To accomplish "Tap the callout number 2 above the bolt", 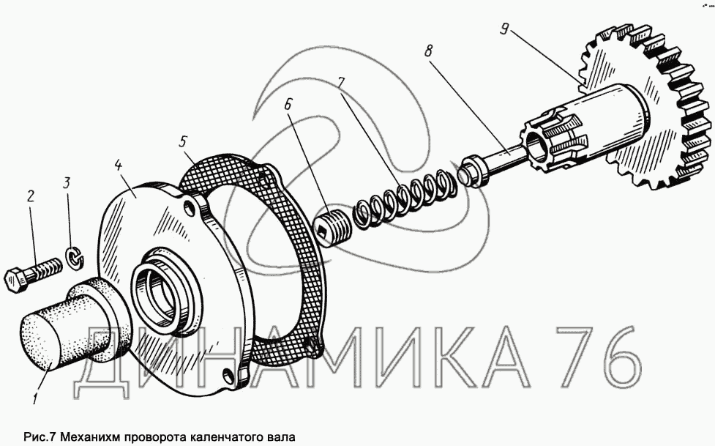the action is [x=31, y=196].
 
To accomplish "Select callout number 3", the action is [x=67, y=184].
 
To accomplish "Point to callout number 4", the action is [x=119, y=166].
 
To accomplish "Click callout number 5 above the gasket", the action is [x=182, y=141].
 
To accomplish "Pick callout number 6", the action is [x=288, y=105].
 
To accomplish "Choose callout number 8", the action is [x=427, y=51].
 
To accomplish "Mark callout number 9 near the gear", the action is [x=504, y=29].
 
